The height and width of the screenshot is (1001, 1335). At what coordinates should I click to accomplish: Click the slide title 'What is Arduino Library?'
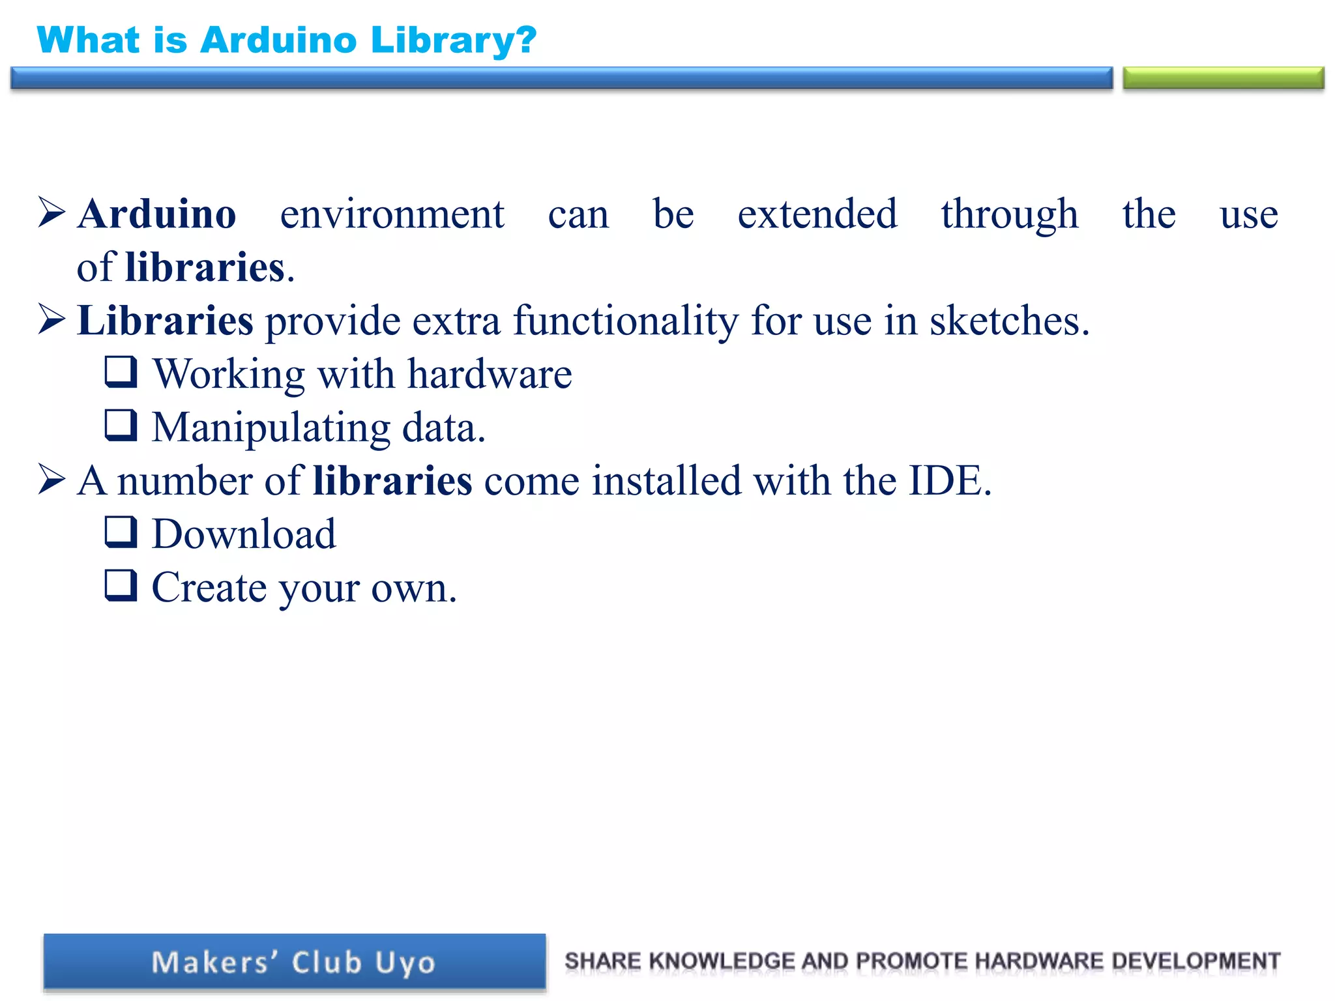point(287,40)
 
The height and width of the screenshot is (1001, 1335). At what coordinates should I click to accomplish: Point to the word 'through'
point(1009,215)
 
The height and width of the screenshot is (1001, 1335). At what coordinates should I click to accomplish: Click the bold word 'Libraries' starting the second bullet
point(165,321)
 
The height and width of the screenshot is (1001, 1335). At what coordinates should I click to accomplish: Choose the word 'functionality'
point(626,322)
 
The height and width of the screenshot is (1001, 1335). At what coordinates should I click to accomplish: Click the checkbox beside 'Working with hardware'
point(121,372)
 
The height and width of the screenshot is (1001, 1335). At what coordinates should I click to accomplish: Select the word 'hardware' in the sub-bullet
point(490,374)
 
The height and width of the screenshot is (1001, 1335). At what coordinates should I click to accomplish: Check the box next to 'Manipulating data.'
point(121,426)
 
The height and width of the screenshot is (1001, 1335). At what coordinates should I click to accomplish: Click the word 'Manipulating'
point(271,429)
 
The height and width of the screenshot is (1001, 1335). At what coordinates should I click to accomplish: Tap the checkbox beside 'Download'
point(121,532)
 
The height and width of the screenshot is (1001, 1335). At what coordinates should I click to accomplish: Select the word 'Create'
point(209,588)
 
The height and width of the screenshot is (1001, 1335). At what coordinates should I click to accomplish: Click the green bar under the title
point(1223,78)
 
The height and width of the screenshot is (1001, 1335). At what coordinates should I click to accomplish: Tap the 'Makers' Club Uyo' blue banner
point(294,962)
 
